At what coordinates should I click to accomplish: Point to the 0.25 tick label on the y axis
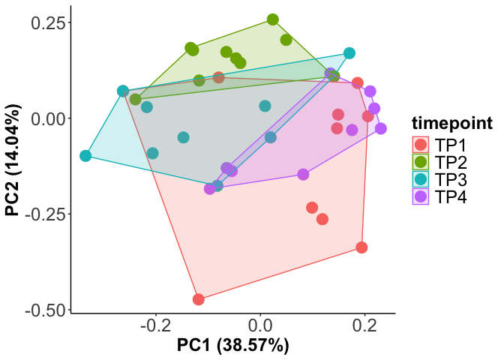[46, 22]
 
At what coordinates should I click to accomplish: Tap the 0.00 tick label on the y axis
[46, 118]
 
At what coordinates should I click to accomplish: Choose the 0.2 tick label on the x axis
[365, 326]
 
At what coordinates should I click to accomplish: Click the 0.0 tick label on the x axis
[260, 326]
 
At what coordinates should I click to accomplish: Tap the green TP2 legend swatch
[421, 162]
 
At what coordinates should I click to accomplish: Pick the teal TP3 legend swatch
[421, 179]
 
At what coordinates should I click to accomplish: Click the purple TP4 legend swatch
[421, 196]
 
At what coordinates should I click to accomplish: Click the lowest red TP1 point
[199, 299]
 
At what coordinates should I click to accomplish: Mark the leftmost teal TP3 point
[85, 156]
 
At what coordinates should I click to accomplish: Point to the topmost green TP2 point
[273, 19]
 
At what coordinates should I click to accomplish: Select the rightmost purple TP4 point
[381, 128]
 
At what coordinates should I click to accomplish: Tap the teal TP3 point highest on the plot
[349, 53]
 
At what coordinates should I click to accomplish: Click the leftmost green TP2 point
[136, 99]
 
